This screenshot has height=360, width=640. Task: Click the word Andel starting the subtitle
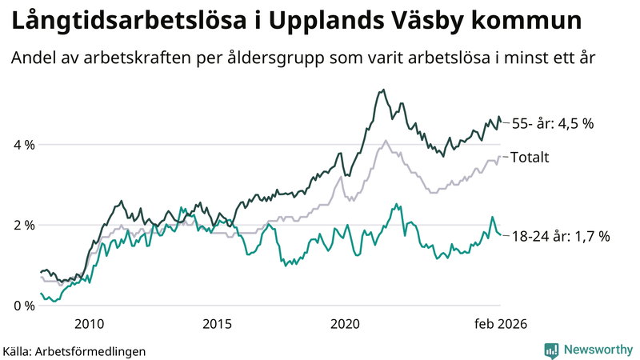pos(34,58)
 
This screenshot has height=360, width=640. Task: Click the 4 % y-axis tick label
pos(23,145)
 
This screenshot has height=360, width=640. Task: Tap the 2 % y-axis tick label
pos(23,225)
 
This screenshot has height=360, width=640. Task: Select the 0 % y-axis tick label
pos(23,306)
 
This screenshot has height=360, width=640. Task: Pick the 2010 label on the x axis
pos(89,322)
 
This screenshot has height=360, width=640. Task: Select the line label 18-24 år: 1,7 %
pos(561,236)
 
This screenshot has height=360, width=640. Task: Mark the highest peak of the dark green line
pos(384,90)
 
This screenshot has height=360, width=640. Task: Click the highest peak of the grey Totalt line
pos(386,141)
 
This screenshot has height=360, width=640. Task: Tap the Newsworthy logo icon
pos(552,350)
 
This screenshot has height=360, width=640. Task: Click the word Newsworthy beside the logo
pos(598,350)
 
